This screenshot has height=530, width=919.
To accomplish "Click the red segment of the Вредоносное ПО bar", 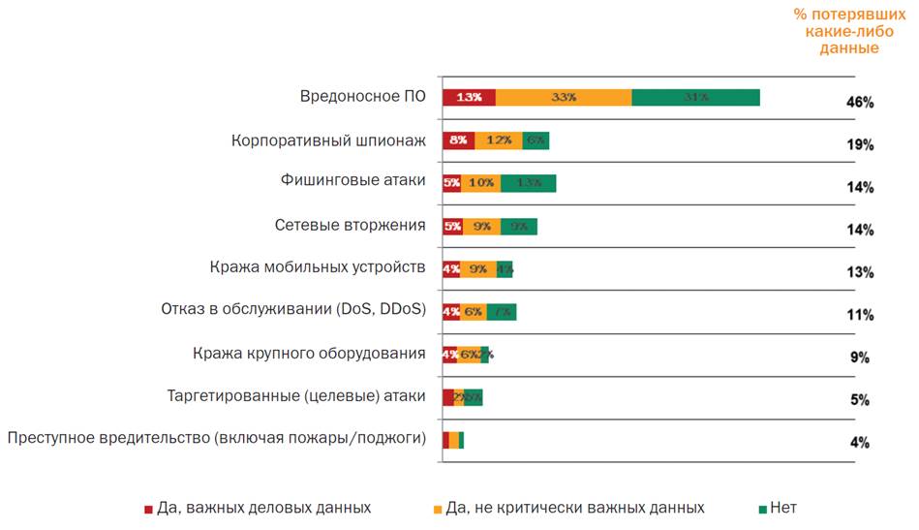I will tap(469, 97).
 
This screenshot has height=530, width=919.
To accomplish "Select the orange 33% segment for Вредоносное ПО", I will tap(564, 97).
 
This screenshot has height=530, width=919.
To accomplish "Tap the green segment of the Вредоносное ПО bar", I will tap(695, 97).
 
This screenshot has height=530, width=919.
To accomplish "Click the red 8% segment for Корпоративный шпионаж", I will tap(458, 140).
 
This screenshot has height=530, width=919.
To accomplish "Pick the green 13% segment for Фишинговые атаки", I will tap(528, 182).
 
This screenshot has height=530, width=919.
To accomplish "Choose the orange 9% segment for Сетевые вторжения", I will tap(481, 226).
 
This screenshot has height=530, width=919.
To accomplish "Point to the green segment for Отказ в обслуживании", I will tap(502, 312).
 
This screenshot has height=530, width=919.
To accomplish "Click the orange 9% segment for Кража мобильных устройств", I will tap(478, 269).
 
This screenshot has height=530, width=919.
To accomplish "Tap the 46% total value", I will tap(860, 102).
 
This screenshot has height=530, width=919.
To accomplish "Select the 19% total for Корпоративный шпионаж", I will tap(860, 144).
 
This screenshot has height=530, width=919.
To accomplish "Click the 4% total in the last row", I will tap(860, 443).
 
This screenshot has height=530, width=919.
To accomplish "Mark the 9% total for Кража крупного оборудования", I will tap(860, 358).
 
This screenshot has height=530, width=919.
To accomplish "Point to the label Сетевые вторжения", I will tap(350, 226).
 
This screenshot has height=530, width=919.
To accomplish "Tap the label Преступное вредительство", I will tap(216, 438).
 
